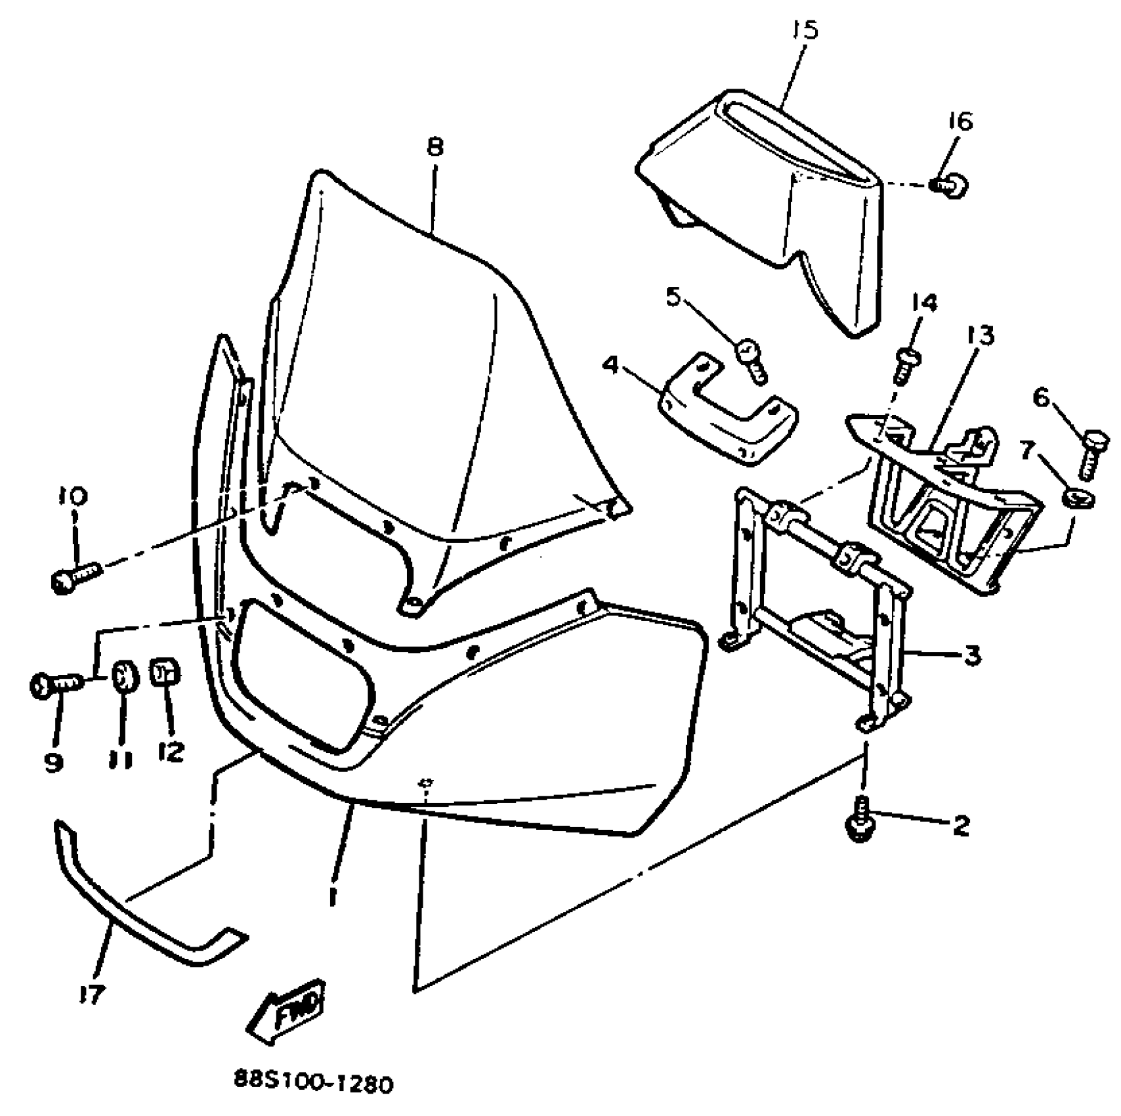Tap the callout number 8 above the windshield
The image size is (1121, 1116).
click(x=435, y=146)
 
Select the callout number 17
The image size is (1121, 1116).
click(x=91, y=995)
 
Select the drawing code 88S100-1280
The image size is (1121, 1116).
click(x=314, y=1083)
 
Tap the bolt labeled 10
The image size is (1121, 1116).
click(x=74, y=577)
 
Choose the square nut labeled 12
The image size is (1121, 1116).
click(x=165, y=672)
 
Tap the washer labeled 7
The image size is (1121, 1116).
click(x=1077, y=499)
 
